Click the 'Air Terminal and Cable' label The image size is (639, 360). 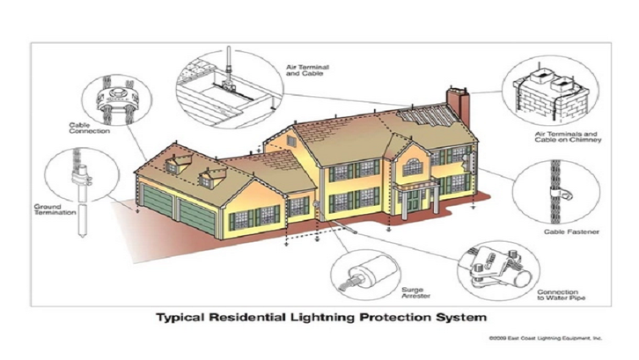click(307, 70)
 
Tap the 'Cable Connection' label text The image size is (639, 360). click(89, 128)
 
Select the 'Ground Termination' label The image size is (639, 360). click(55, 209)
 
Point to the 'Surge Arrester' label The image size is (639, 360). click(415, 293)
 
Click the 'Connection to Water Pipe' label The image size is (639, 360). click(562, 295)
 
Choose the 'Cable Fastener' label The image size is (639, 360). click(571, 231)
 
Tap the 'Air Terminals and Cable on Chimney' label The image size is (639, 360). click(568, 136)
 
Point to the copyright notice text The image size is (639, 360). click(546, 338)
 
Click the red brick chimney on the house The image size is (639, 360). click(458, 107)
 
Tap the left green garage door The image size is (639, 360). click(157, 200)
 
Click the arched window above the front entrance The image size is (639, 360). click(413, 167)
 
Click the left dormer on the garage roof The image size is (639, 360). click(176, 165)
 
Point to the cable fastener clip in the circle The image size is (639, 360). click(562, 194)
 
